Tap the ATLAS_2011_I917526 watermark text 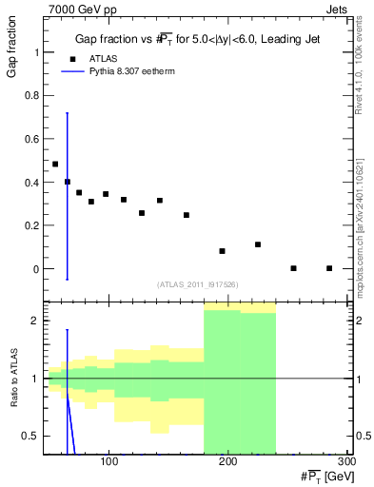pyautogui.click(x=197, y=284)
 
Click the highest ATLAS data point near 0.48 pyautogui.click(x=55, y=164)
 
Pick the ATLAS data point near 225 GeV pyautogui.click(x=258, y=244)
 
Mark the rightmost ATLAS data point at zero pyautogui.click(x=329, y=268)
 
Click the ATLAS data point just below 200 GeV pyautogui.click(x=222, y=251)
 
